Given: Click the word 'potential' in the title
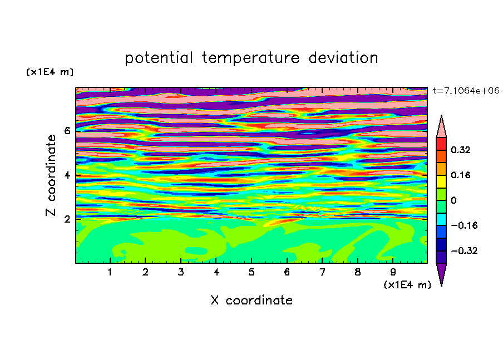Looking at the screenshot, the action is pos(159,58).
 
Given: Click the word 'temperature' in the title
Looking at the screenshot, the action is pos(250,58).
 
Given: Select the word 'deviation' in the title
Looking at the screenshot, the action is pos(343,58).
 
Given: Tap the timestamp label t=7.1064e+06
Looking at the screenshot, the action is pos(466,91).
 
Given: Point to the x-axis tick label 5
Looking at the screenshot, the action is pos(251,272).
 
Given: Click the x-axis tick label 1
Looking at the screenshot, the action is pos(110,272).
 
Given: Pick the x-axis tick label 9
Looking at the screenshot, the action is pos(393,272).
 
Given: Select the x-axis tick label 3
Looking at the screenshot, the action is pos(181,272).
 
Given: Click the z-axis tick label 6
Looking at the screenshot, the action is pos(67,131).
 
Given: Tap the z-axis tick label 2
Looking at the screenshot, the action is pos(67,219).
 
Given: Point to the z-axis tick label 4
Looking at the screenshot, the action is pos(67,175).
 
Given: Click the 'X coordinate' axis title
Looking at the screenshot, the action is pos(251,300).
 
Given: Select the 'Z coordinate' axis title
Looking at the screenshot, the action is pos(51,175).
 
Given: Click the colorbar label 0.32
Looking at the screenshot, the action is pos(461,150).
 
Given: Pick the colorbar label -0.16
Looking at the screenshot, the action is pos(464,225).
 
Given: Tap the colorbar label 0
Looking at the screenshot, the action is pos(453,200).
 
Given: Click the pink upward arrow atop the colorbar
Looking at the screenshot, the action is pos(441,127).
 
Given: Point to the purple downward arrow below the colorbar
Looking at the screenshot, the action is pos(441,274).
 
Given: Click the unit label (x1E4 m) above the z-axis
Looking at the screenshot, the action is pos(50,72).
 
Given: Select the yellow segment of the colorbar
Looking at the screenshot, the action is pos(441,181).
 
